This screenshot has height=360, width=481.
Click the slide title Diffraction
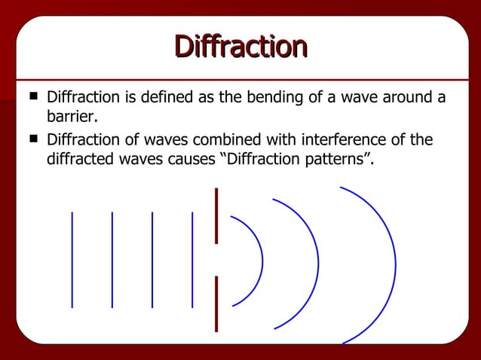[240, 46]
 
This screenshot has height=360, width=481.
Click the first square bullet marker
[32, 97]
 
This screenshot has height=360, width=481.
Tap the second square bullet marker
[32, 139]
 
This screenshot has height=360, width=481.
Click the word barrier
[72, 118]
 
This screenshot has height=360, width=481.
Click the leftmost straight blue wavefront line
[72, 260]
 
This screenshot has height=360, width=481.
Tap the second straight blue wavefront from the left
[112, 260]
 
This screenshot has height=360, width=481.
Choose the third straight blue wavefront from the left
[152, 260]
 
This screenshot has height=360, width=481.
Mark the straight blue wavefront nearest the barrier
[192, 260]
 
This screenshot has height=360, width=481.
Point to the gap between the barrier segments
[216, 260]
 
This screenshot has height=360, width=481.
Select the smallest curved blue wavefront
[262, 260]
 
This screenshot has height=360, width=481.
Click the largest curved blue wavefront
[395, 264]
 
